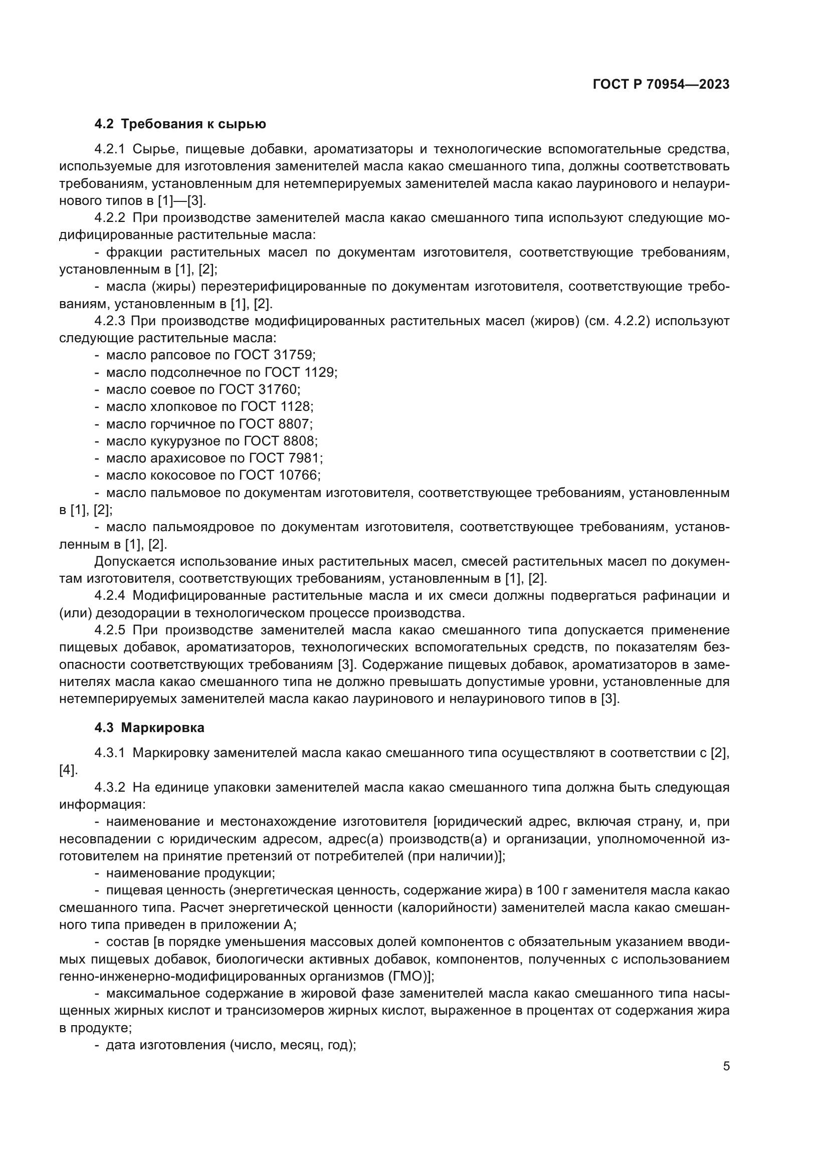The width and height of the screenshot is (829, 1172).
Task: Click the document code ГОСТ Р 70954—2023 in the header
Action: pos(661,85)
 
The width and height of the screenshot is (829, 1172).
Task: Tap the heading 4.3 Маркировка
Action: pos(149,728)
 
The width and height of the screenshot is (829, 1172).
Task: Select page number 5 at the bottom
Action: pos(726,1066)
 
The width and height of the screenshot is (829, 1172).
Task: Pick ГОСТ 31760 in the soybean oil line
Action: pos(259,389)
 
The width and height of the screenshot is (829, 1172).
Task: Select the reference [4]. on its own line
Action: pos(68,770)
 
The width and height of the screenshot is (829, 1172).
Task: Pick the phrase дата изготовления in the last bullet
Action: pos(165,1045)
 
